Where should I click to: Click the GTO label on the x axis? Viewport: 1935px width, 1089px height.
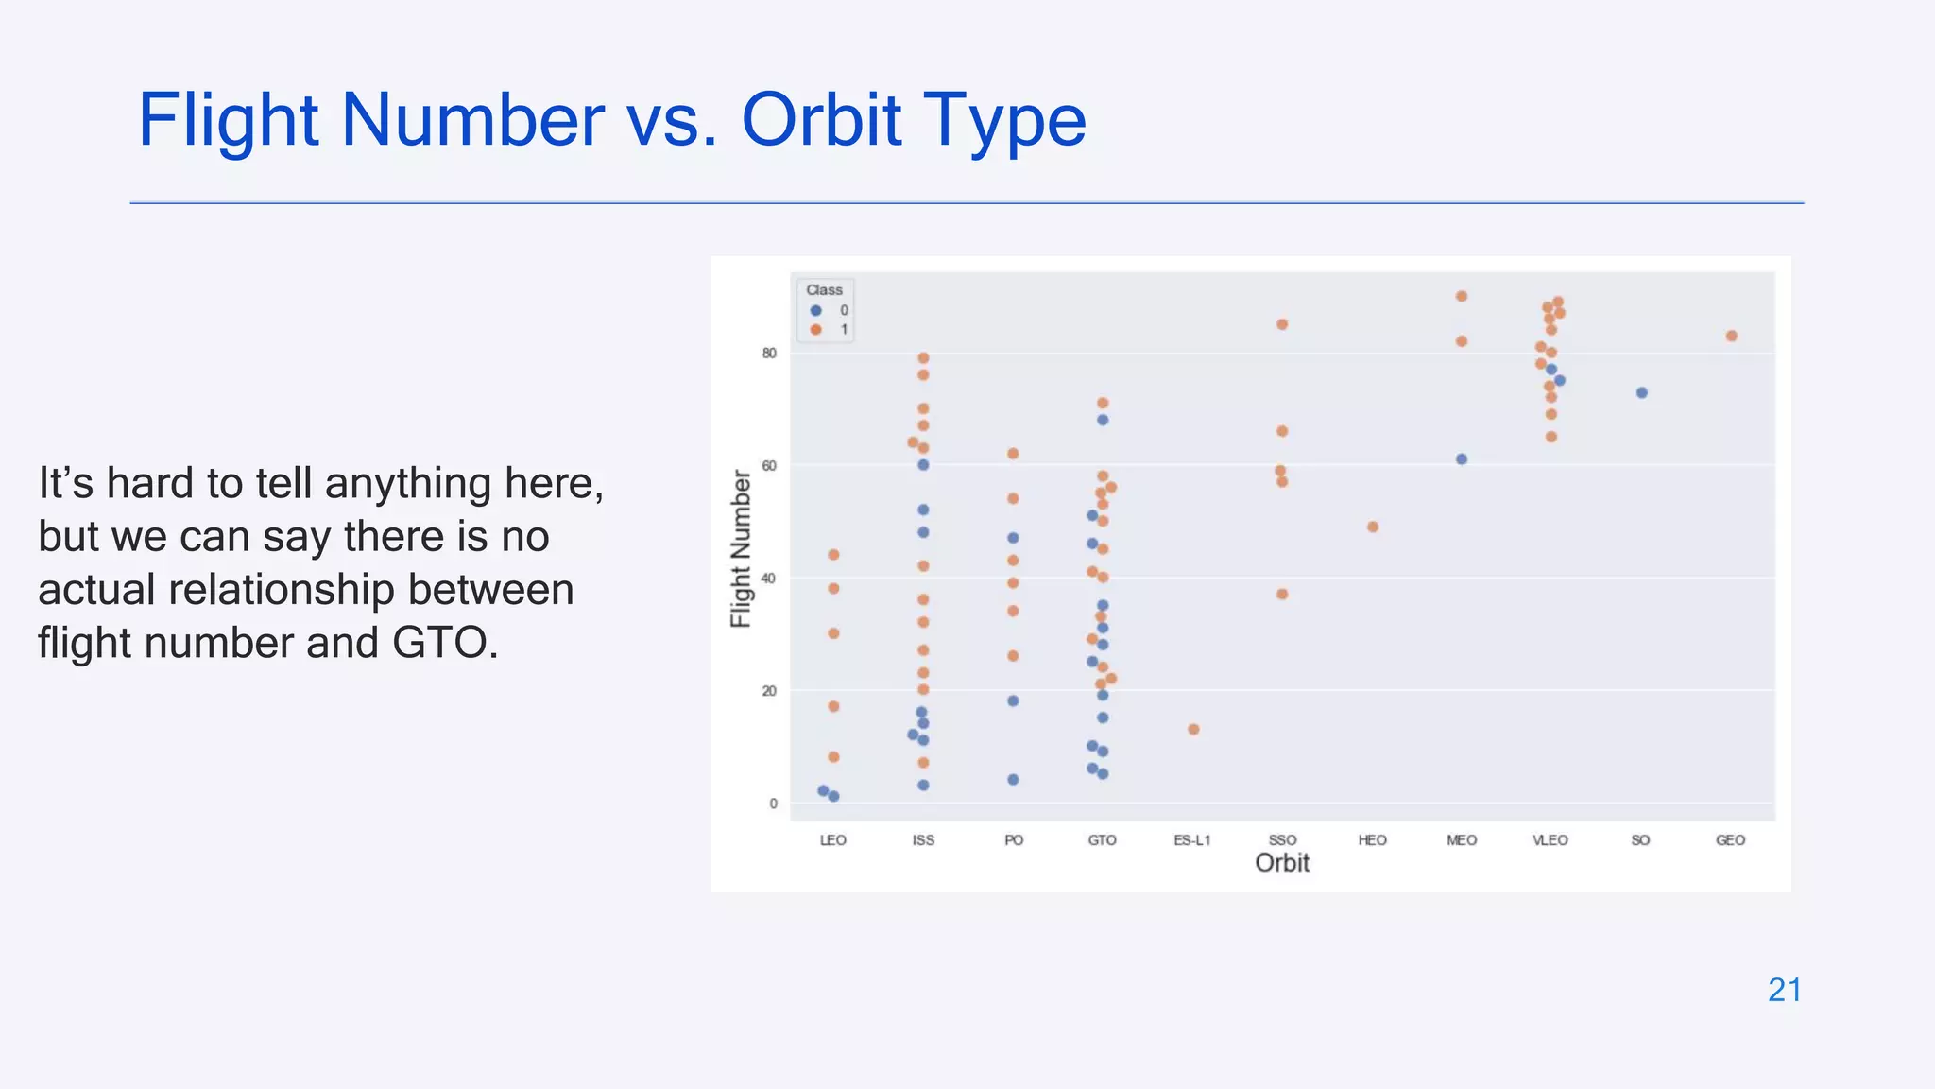pos(1102,840)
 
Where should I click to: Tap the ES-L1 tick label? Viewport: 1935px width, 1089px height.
pos(1192,840)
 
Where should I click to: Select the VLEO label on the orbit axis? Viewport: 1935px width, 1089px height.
pos(1550,840)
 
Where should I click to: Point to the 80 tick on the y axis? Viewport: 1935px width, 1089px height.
pos(769,354)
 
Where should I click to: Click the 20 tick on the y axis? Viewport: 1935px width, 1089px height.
pos(769,691)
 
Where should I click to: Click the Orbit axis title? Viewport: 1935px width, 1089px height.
pos(1282,863)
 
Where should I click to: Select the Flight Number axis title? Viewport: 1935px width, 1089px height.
pos(741,548)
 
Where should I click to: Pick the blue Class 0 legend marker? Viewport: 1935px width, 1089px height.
pos(816,310)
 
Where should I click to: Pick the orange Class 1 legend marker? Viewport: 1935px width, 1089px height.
pos(816,330)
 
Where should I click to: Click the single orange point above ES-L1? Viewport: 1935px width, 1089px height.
pos(1193,730)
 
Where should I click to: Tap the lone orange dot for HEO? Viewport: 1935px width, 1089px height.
pos(1373,527)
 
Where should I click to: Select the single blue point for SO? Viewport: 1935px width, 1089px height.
pos(1642,393)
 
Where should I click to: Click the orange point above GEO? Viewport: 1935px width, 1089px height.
pos(1732,337)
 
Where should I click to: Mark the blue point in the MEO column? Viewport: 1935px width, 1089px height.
pos(1462,459)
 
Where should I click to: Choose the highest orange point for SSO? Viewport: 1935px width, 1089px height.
pos(1282,324)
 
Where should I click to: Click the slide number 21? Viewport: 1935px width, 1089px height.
pos(1785,990)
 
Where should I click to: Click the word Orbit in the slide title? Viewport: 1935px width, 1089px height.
pos(821,120)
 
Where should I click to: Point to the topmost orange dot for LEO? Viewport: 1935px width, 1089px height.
pos(833,555)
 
